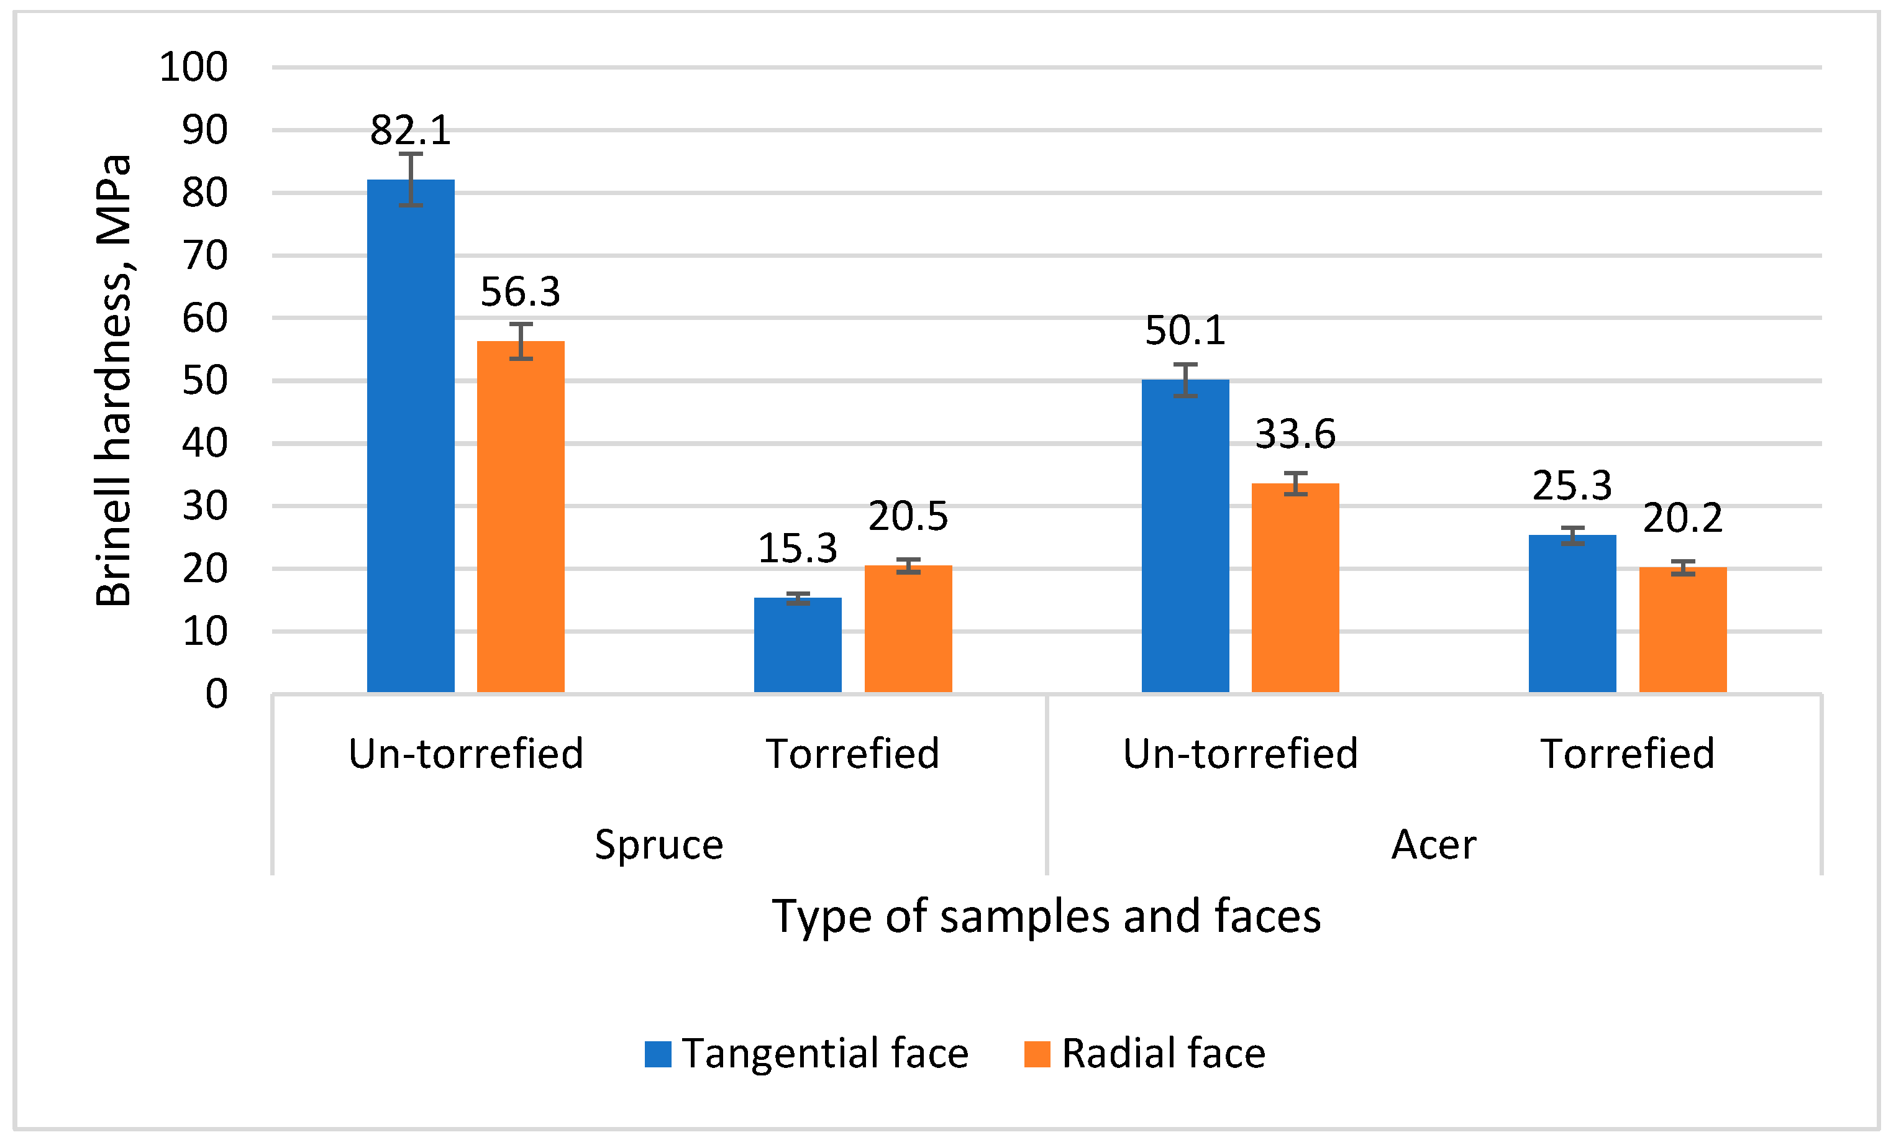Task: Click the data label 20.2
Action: coord(1682,518)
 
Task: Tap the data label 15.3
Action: coord(797,549)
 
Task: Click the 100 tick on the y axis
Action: coord(194,67)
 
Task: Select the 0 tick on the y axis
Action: coord(216,694)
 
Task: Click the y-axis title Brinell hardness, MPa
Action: coord(114,381)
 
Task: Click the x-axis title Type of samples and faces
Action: coord(1047,916)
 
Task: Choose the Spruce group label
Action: coord(659,845)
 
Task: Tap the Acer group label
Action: coord(1434,845)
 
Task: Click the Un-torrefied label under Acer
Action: coord(1241,754)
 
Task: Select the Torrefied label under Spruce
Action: coord(852,754)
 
